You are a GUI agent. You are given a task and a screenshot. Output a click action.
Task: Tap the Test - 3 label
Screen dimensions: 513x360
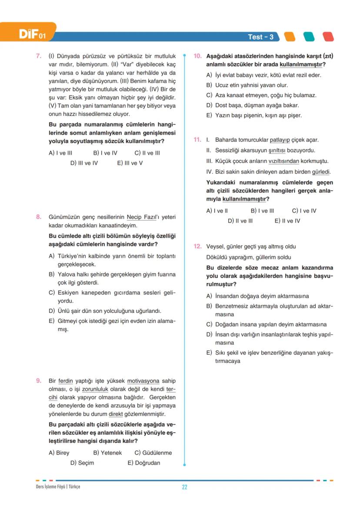point(260,37)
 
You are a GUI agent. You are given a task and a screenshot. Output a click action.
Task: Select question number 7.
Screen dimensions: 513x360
point(38,56)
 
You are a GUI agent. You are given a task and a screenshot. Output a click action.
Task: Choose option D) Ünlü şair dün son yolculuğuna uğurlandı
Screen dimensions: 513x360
point(105,311)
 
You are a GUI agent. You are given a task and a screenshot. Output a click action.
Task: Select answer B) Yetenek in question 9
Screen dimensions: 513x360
point(107,453)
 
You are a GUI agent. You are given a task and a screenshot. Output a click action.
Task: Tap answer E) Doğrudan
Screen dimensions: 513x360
point(143,463)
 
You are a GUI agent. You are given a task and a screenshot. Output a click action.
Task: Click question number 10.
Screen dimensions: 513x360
point(197,56)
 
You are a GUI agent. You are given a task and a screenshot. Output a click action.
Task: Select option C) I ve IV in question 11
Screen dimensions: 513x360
point(304,211)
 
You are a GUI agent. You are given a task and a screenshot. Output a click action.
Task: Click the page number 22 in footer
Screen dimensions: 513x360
point(184,487)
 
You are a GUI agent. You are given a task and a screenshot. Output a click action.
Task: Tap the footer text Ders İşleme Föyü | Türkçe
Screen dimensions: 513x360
point(58,486)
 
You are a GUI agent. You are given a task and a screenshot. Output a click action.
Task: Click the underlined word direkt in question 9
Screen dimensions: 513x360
point(115,414)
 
